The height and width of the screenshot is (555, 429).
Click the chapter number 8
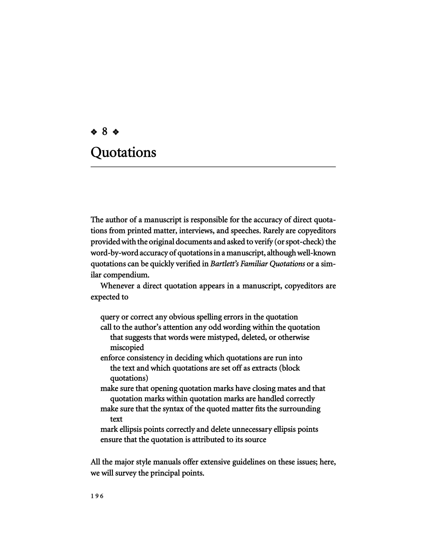click(104, 132)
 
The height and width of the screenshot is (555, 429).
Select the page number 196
click(97, 496)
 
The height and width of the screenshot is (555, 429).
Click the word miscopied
click(127, 347)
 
